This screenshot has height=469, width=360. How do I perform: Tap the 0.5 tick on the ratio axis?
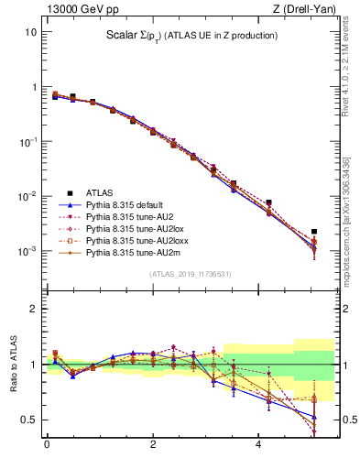(x=28, y=420)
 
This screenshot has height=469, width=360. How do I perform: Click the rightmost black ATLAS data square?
(x=314, y=232)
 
